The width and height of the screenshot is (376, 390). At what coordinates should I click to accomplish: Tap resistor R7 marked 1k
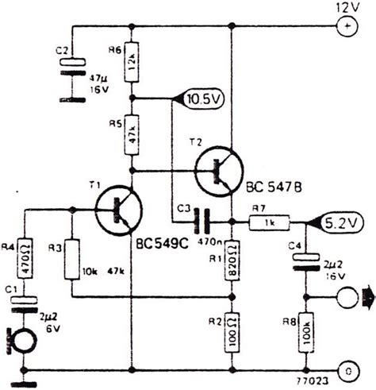pos(267,223)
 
